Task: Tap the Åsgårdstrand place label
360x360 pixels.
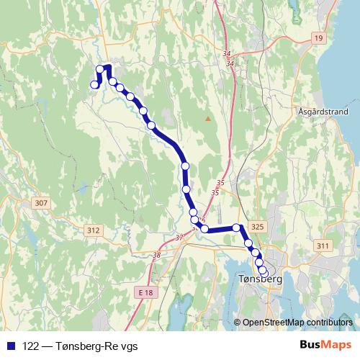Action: click(x=323, y=112)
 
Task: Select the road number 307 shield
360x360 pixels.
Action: click(x=40, y=204)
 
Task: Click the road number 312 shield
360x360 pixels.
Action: click(x=93, y=230)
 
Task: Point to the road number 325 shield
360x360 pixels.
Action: click(x=259, y=227)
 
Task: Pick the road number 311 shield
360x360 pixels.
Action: click(x=322, y=246)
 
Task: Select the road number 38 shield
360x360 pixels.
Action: click(x=157, y=254)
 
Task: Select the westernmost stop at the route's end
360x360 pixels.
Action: click(x=94, y=85)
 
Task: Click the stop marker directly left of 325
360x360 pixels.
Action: click(x=236, y=228)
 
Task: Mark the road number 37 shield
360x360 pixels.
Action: click(x=179, y=237)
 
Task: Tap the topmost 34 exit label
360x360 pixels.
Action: click(x=228, y=53)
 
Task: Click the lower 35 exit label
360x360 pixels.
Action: click(x=215, y=193)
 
